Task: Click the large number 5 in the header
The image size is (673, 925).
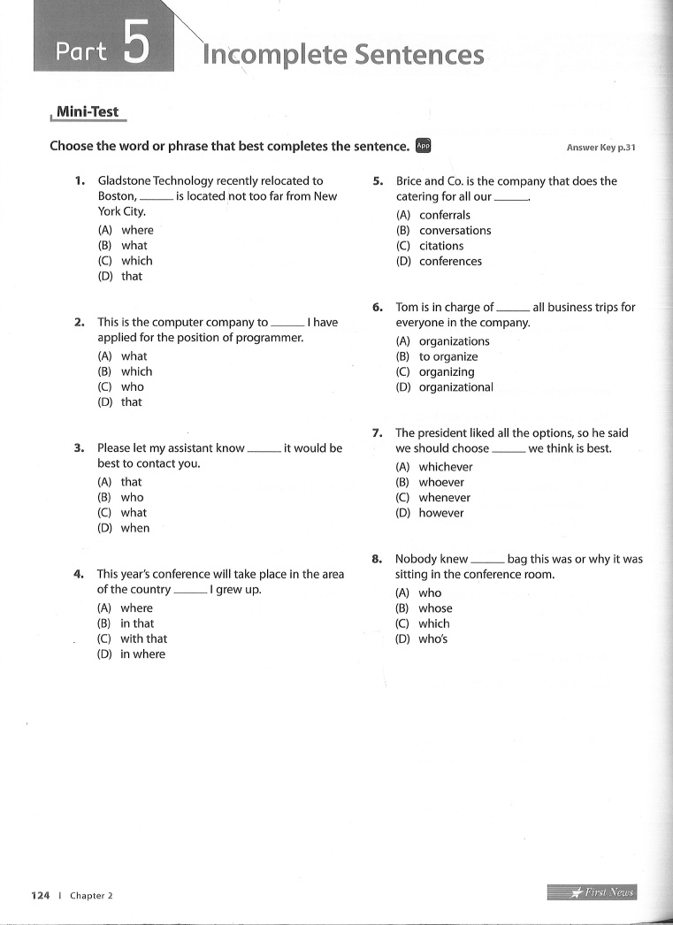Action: [135, 45]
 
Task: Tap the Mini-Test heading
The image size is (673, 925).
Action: [88, 112]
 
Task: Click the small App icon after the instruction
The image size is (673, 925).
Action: [424, 146]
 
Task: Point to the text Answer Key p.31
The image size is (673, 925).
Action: [600, 148]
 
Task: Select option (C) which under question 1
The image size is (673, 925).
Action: [125, 261]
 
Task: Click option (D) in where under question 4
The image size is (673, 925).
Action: [131, 654]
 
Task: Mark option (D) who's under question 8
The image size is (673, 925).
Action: [422, 639]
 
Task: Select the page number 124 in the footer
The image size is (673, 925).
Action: [40, 895]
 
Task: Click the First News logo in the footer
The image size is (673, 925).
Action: [593, 892]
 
